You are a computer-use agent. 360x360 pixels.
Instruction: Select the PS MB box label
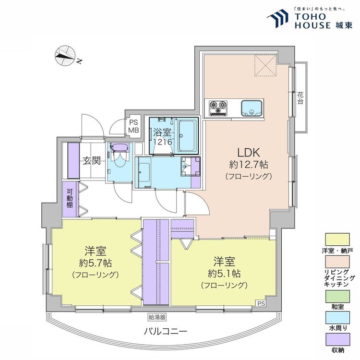click(x=133, y=126)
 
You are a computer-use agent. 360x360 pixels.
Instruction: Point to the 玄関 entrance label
click(x=93, y=161)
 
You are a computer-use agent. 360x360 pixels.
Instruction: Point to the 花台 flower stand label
click(x=300, y=98)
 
